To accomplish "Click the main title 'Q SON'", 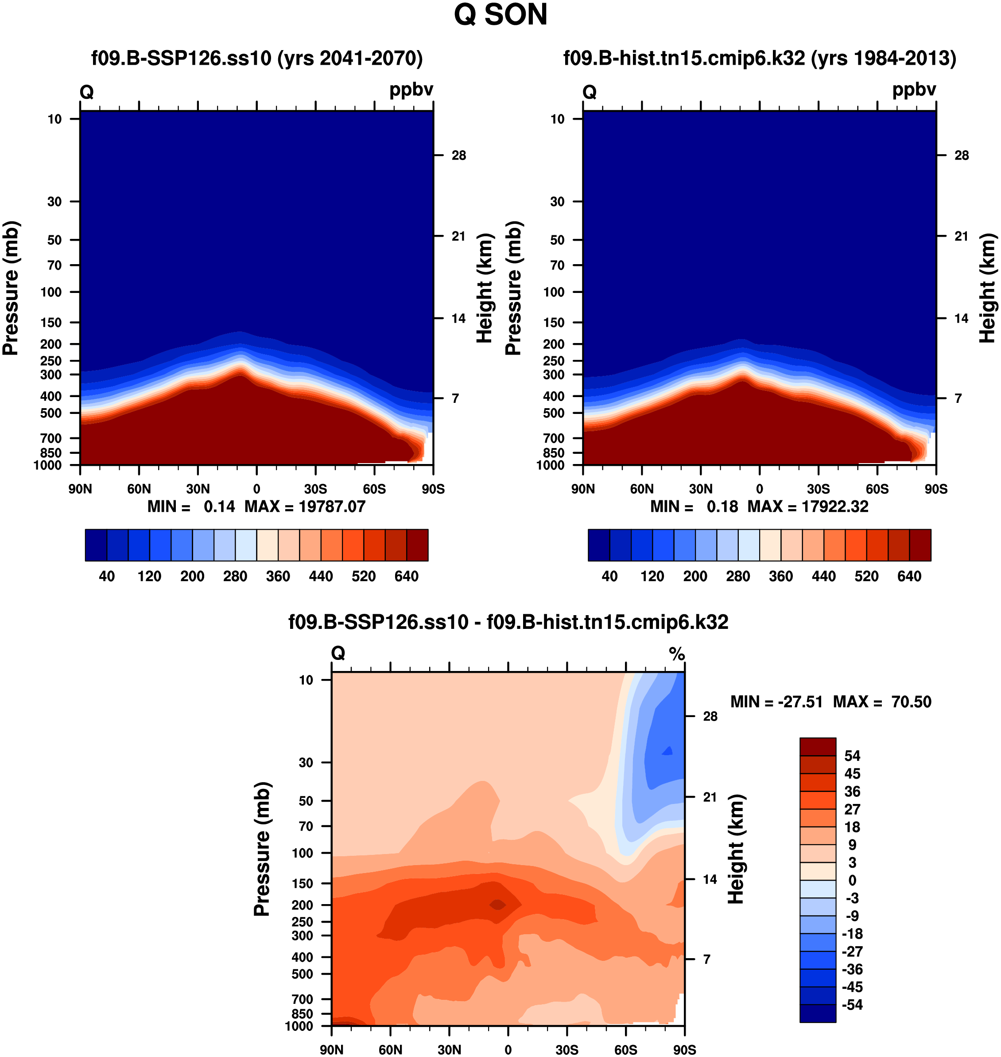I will (500, 15).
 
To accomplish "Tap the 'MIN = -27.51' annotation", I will (776, 702).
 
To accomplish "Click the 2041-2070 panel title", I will (256, 58).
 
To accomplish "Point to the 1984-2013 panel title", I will (759, 58).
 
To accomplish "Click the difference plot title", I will (508, 622).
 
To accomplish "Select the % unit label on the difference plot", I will (677, 654).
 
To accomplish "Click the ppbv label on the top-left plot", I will (411, 90).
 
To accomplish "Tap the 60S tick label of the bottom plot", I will (625, 1049).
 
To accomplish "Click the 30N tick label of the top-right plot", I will (701, 489).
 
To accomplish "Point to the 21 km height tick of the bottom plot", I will (710, 797).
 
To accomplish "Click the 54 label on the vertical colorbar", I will (852, 756).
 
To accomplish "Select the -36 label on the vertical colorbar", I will (852, 969).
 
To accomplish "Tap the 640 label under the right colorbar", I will (909, 576).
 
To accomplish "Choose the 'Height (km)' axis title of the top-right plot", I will (987, 288).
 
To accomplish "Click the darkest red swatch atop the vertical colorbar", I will (818, 746).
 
